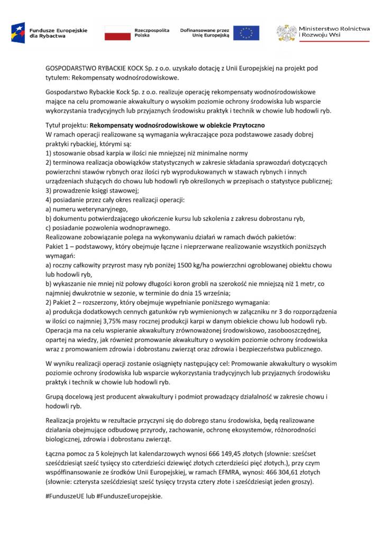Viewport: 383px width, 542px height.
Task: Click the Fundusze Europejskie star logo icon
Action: click(x=19, y=33)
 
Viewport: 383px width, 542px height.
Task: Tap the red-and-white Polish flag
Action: click(x=116, y=33)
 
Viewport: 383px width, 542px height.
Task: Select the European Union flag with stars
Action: click(x=246, y=33)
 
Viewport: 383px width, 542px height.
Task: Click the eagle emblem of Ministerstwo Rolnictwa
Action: click(x=286, y=33)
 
